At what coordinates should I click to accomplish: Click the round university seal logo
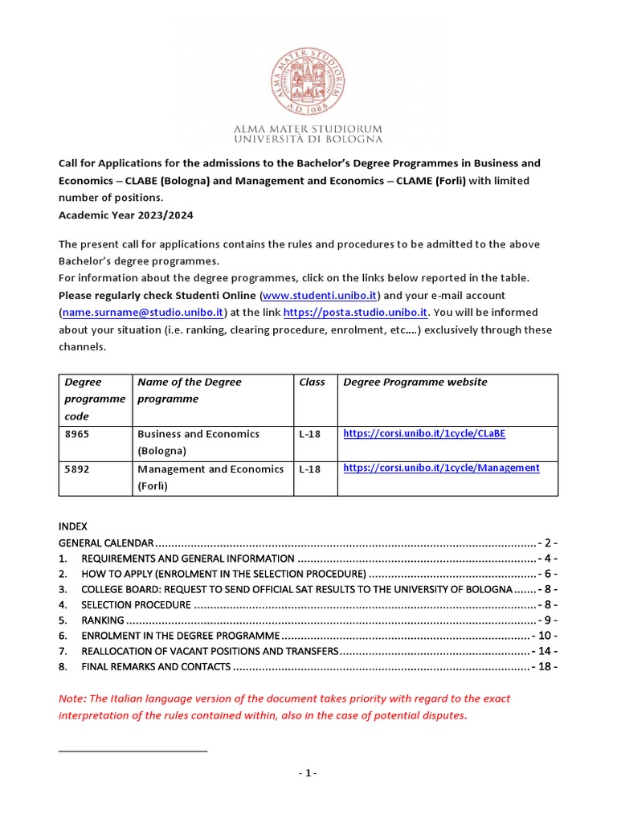[x=308, y=81]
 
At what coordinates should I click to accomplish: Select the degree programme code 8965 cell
[x=96, y=434]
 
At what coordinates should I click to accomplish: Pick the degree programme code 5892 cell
[x=96, y=469]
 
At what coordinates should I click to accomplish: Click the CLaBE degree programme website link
[x=424, y=433]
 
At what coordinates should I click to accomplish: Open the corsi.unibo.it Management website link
[x=441, y=468]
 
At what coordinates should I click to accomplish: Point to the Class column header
[x=312, y=383]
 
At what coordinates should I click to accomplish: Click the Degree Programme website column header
[x=415, y=383]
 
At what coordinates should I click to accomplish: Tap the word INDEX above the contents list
[x=73, y=526]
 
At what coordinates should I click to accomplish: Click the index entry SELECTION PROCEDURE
[x=137, y=604]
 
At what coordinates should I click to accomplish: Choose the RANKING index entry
[x=103, y=620]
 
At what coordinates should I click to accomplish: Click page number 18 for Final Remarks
[x=545, y=667]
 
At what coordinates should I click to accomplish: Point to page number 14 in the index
[x=545, y=651]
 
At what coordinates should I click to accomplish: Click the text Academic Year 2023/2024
[x=126, y=215]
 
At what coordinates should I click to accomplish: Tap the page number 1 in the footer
[x=308, y=773]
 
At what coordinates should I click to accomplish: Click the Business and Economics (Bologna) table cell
[x=198, y=442]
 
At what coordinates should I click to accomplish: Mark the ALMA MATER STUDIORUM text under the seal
[x=308, y=129]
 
